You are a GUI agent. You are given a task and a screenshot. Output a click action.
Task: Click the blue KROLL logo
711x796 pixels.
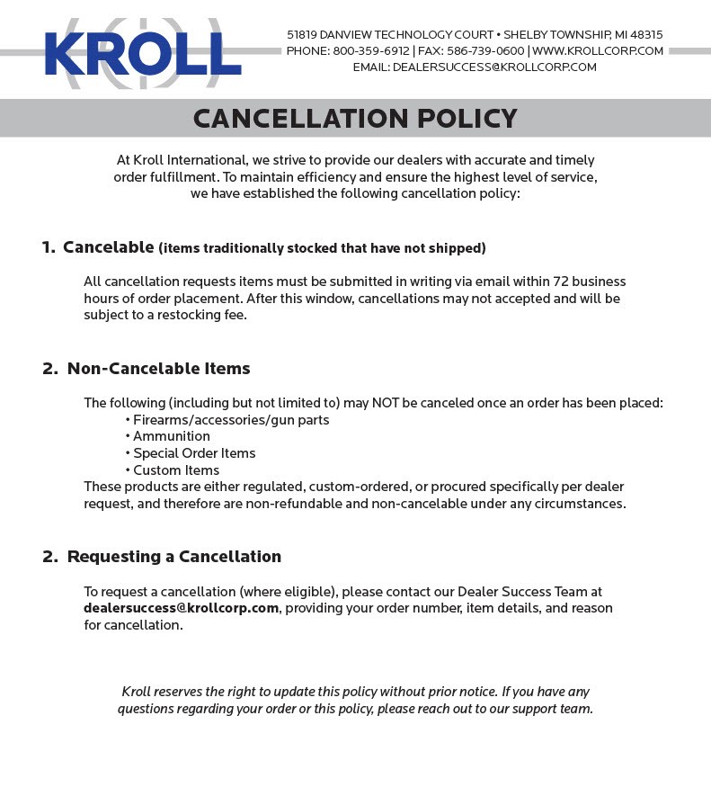click(x=143, y=54)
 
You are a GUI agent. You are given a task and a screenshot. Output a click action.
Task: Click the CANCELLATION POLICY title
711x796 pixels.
click(x=355, y=119)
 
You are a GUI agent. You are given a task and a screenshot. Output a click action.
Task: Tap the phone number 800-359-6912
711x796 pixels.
click(x=371, y=51)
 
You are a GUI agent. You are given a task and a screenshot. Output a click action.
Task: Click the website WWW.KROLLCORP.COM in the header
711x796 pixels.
click(x=598, y=51)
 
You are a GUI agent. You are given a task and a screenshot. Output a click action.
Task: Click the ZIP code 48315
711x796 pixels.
click(x=645, y=35)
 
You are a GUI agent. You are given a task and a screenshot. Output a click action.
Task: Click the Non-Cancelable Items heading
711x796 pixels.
click(x=158, y=369)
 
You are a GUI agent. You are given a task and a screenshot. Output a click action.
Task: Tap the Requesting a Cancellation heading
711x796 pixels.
click(x=173, y=557)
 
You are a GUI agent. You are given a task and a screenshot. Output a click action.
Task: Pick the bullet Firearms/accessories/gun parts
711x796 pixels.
click(x=231, y=420)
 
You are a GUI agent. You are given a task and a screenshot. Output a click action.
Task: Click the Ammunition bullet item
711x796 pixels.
click(x=172, y=436)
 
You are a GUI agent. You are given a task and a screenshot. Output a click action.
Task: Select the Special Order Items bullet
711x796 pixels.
click(x=194, y=453)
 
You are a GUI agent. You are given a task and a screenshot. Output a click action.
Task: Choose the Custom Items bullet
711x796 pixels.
click(x=176, y=470)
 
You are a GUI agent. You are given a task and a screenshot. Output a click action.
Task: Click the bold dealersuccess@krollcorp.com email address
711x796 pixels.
click(x=181, y=609)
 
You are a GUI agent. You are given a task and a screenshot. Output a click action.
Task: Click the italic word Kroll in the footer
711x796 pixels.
click(x=136, y=692)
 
